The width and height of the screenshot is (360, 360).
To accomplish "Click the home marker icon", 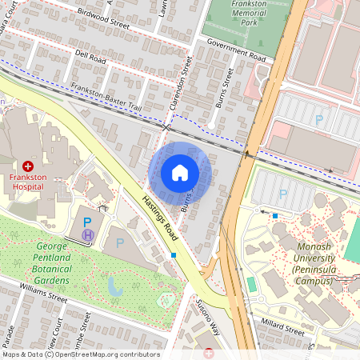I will [x=180, y=173].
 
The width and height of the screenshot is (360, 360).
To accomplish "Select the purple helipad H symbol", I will [x=88, y=234].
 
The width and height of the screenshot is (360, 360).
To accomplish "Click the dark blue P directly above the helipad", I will [x=88, y=220].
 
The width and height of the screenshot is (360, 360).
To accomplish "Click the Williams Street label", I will [x=43, y=297].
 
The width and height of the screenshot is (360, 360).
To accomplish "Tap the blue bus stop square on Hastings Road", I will [x=174, y=255].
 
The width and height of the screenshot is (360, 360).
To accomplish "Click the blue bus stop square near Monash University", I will [x=274, y=215].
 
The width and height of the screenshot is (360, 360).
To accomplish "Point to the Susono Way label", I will [x=207, y=315].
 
